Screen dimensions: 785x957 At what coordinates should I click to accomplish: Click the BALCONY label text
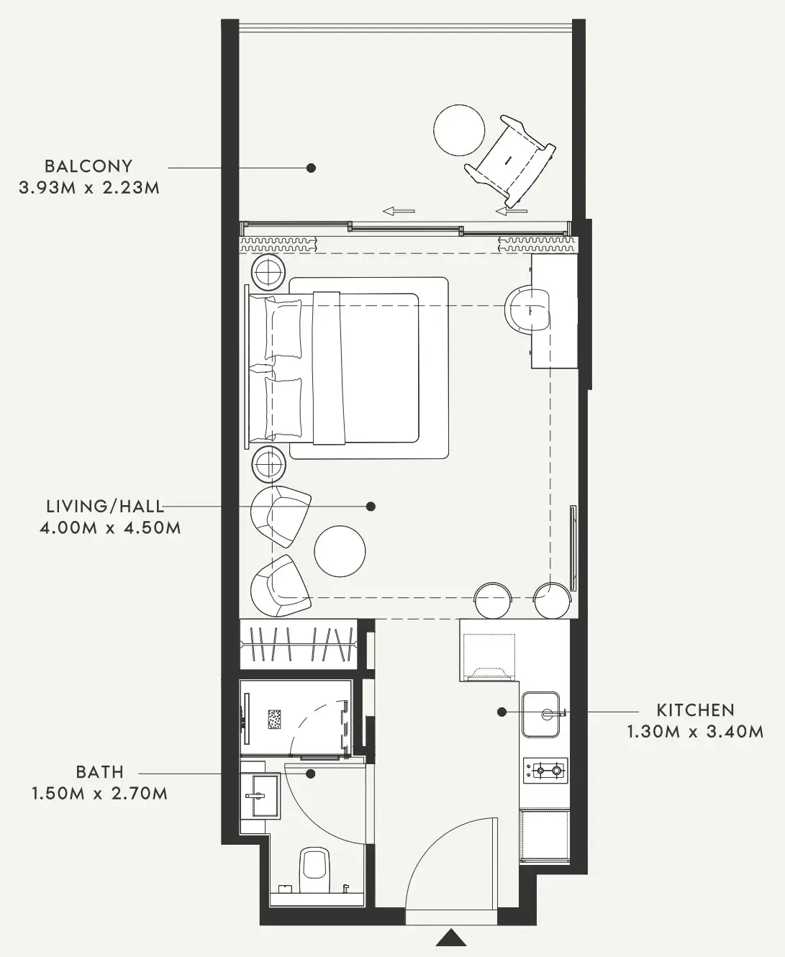[x=89, y=166]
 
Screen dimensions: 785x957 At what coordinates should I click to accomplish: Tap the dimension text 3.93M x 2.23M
[x=89, y=188]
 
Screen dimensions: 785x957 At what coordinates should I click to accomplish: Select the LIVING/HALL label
[x=105, y=506]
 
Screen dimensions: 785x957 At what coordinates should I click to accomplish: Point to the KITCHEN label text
[x=696, y=710]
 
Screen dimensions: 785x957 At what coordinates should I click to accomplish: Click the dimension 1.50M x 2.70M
[x=100, y=794]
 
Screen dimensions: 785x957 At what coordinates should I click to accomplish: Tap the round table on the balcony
[x=459, y=130]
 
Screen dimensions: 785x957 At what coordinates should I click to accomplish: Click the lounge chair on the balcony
[x=510, y=160]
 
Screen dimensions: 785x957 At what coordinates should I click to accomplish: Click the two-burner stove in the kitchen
[x=545, y=770]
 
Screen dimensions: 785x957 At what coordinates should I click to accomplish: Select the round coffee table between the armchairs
[x=340, y=551]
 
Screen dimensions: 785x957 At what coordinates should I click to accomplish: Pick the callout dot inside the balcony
[x=311, y=168]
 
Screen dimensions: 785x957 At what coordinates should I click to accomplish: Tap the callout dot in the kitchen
[x=502, y=712]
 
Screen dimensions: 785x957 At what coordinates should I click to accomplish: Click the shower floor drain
[x=275, y=720]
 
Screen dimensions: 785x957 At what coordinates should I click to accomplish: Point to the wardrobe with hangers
[x=299, y=644]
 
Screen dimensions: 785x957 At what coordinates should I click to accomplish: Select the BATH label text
[x=100, y=772]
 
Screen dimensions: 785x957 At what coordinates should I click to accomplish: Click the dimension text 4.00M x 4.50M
[x=110, y=527]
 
